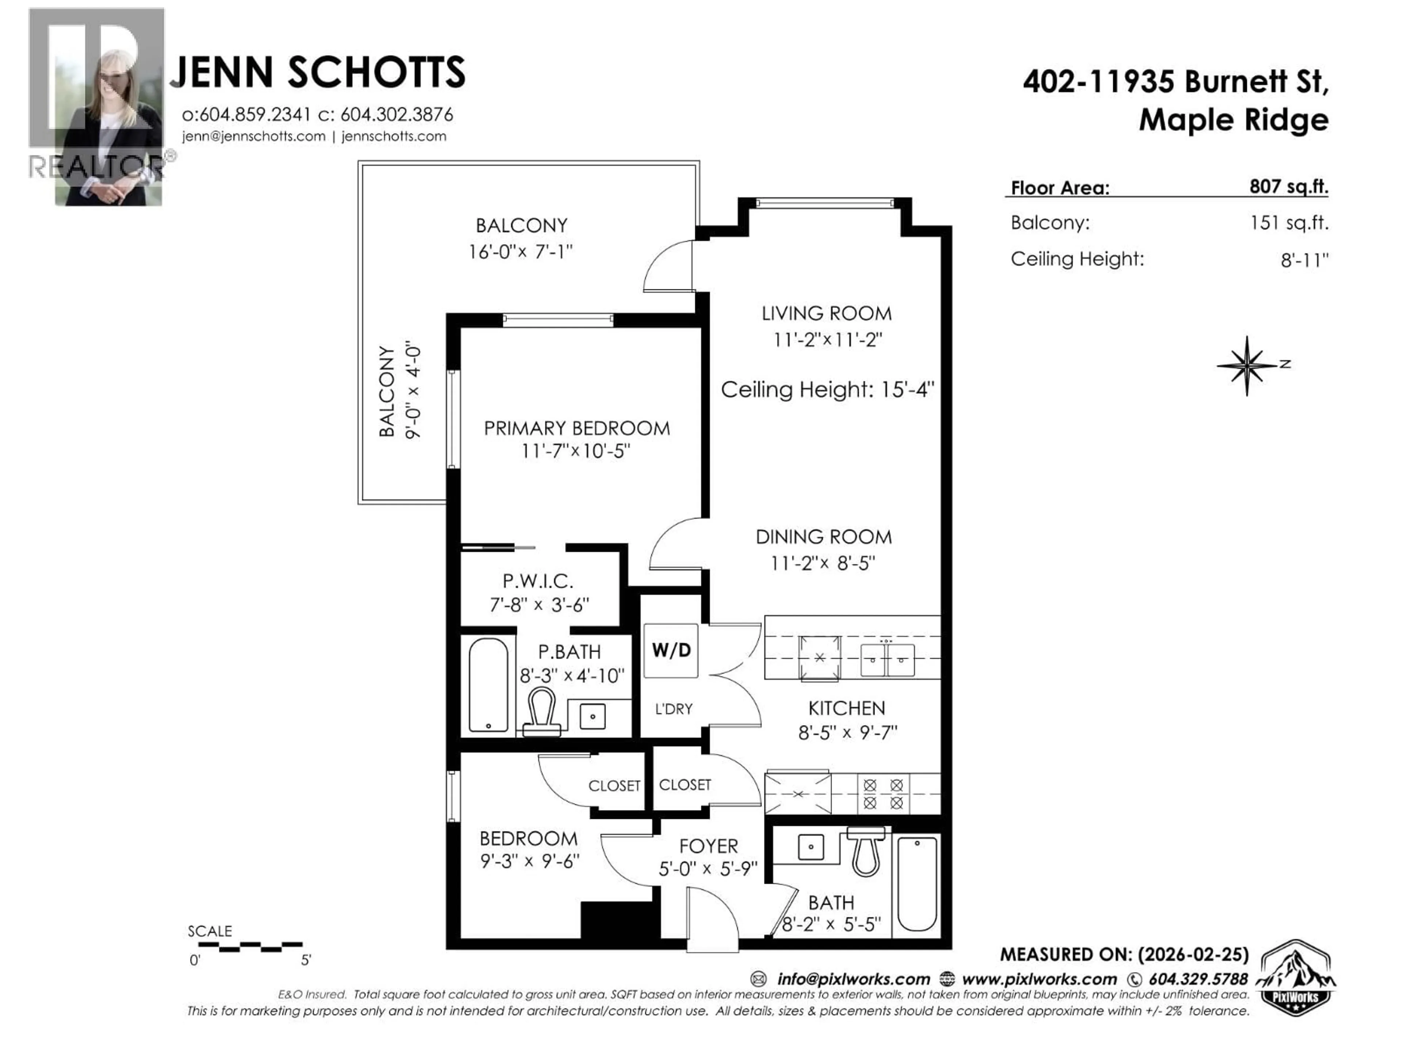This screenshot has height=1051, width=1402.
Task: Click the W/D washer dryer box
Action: pyautogui.click(x=671, y=651)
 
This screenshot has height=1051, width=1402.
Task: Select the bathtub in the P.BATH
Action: pyautogui.click(x=488, y=685)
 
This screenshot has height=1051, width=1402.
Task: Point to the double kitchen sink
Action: pyautogui.click(x=887, y=659)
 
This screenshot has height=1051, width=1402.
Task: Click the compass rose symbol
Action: pyautogui.click(x=1247, y=366)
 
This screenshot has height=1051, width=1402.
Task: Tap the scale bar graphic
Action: pyautogui.click(x=250, y=947)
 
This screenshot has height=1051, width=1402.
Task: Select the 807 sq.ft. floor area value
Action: pyautogui.click(x=1288, y=186)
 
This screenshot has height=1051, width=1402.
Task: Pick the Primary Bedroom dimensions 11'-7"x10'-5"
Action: pyautogui.click(x=575, y=451)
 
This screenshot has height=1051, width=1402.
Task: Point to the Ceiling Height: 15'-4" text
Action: pyautogui.click(x=827, y=389)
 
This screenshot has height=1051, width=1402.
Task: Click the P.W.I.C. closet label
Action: pyautogui.click(x=537, y=580)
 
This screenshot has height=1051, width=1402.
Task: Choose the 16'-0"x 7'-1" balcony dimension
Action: pyautogui.click(x=520, y=251)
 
